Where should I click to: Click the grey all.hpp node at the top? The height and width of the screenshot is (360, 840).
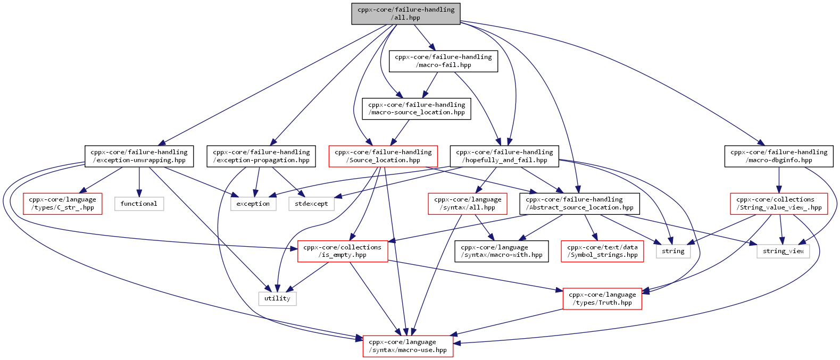[406, 14]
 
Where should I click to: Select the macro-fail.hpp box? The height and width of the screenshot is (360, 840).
[443, 61]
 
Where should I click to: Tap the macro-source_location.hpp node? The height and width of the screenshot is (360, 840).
[416, 109]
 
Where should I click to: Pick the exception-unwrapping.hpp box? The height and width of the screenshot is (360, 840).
[139, 156]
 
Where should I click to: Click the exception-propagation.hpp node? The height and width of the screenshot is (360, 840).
[261, 156]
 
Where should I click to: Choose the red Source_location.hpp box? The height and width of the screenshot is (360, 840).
[383, 156]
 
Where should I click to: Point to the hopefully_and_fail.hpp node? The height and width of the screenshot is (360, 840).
[504, 156]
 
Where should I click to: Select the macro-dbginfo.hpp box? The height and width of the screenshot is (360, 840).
[779, 156]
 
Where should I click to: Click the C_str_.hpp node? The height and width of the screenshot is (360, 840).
[63, 204]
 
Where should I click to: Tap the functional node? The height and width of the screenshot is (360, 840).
[139, 204]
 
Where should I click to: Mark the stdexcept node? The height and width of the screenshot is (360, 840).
[311, 204]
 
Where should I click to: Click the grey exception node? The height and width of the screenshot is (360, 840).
[253, 204]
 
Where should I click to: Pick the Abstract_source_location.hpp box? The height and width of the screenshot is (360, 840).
[579, 204]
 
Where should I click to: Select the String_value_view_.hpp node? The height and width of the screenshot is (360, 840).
[779, 204]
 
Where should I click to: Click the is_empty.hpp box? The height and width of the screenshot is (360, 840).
[343, 251]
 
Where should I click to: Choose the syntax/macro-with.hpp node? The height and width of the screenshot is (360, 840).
[502, 251]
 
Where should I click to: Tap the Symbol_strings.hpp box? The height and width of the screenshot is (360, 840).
[602, 251]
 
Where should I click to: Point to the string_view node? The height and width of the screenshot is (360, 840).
[783, 251]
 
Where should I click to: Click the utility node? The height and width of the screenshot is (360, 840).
[278, 298]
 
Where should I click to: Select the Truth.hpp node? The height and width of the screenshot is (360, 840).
[602, 299]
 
